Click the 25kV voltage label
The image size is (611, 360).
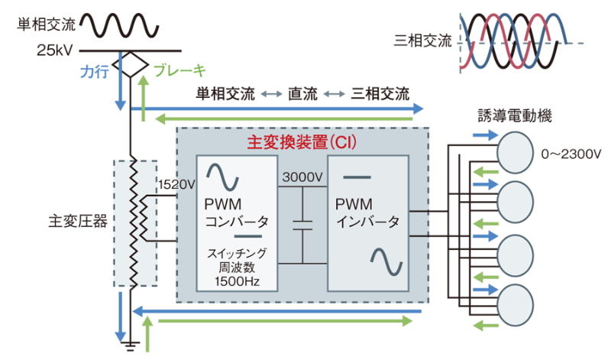(54, 50)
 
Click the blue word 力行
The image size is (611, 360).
(94, 71)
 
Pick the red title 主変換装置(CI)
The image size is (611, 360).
(303, 142)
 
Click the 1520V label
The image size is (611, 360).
(176, 184)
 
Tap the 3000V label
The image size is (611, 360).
(302, 177)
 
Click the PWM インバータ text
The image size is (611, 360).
(367, 214)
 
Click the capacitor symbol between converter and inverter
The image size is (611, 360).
(302, 224)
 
